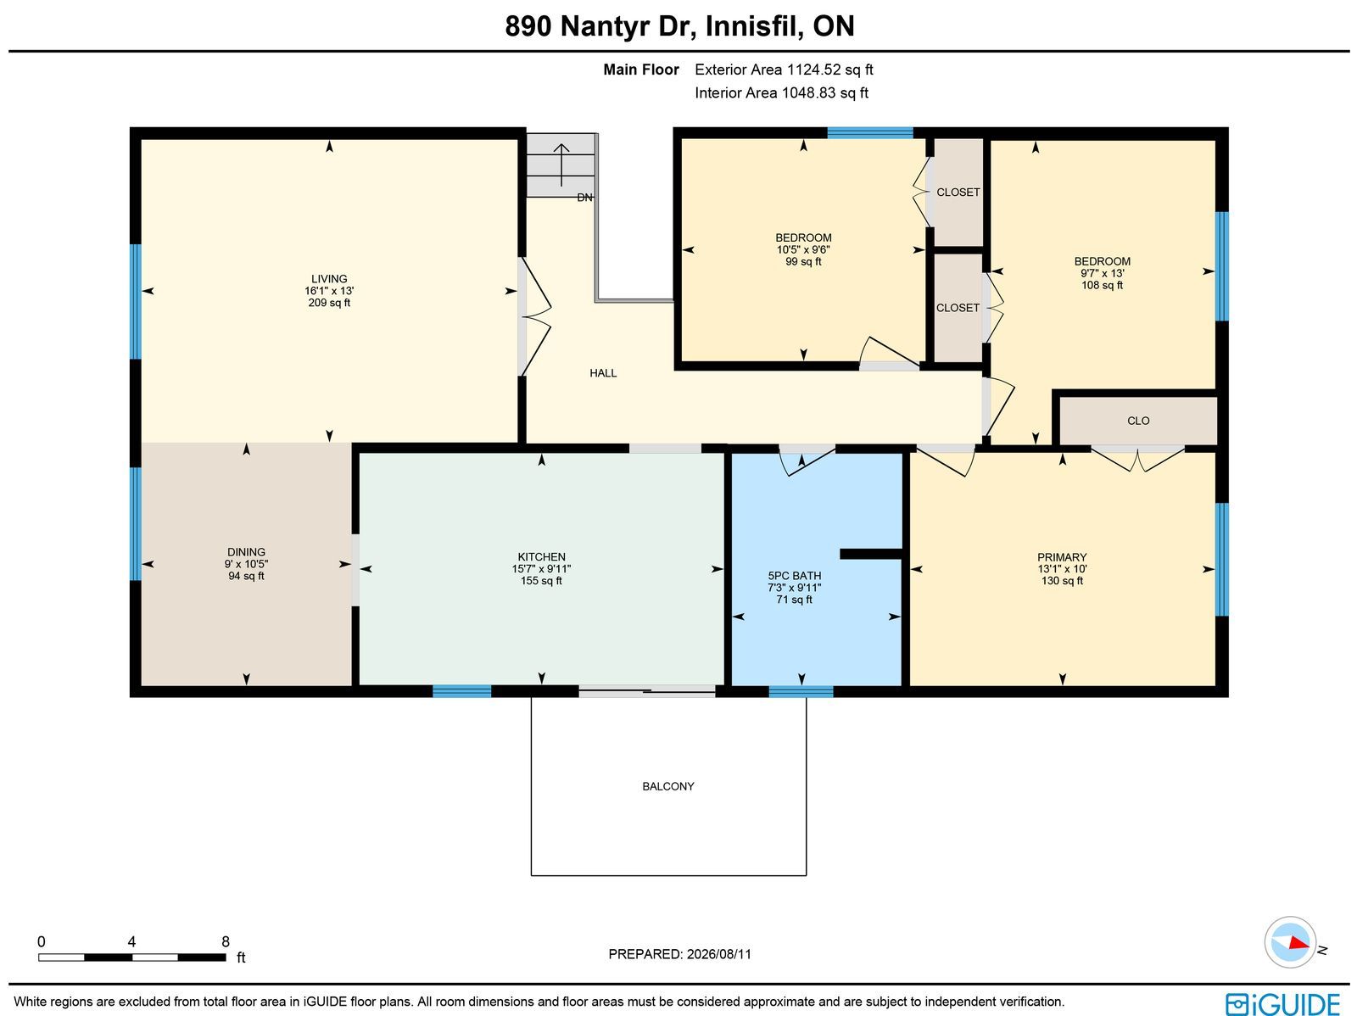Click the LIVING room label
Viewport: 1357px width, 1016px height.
click(x=329, y=279)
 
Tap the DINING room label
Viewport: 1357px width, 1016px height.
click(x=246, y=552)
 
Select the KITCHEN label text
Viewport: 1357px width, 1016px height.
click(x=542, y=557)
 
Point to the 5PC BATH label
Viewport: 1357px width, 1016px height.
click(x=795, y=575)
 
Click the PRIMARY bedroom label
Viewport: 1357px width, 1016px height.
click(x=1062, y=557)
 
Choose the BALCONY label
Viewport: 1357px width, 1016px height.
click(x=668, y=786)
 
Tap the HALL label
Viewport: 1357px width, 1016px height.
click(x=603, y=372)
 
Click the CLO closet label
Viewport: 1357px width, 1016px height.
click(x=1138, y=421)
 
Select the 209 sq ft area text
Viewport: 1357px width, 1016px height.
click(x=329, y=303)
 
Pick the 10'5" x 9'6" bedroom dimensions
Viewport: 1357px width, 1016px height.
click(x=803, y=249)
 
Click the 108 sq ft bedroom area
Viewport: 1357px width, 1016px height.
click(x=1102, y=285)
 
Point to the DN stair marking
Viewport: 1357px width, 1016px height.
click(x=585, y=198)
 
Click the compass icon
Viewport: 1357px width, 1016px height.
click(x=1290, y=942)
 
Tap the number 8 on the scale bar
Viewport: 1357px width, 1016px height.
click(x=226, y=942)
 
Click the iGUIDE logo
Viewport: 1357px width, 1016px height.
click(x=1283, y=1003)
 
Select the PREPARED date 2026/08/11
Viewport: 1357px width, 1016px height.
click(x=719, y=954)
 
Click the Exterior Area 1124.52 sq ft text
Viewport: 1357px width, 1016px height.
click(x=784, y=70)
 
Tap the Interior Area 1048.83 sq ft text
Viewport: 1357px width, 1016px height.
click(x=781, y=92)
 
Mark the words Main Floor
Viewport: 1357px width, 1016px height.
click(x=641, y=70)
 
